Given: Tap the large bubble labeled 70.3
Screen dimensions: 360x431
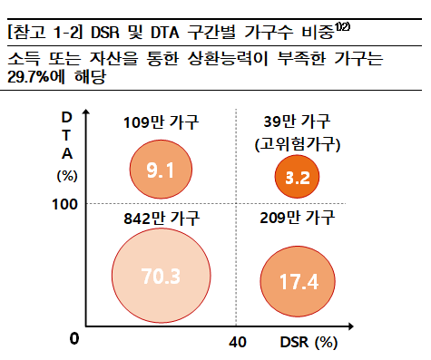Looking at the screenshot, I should (160, 274).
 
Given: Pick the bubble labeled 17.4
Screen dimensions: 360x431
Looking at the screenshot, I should (298, 281).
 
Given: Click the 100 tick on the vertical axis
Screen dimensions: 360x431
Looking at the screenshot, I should (66, 205).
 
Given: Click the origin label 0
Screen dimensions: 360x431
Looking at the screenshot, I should (74, 339).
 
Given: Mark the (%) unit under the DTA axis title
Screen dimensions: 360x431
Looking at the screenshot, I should (67, 174).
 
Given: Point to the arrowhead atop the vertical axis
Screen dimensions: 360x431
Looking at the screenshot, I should (87, 114).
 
